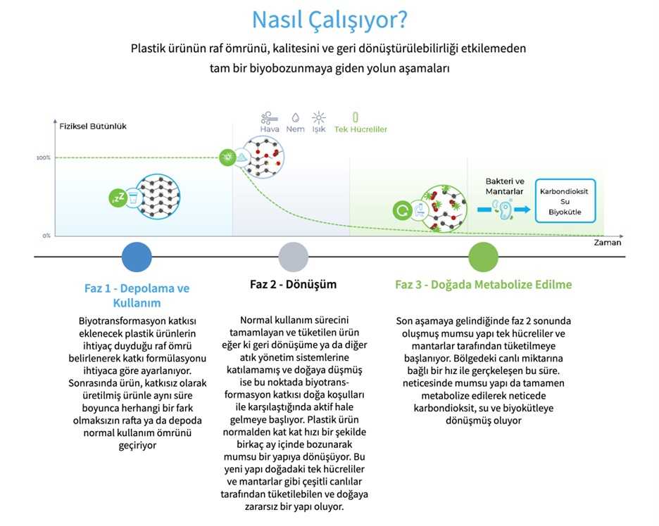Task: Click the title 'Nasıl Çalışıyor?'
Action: [329, 19]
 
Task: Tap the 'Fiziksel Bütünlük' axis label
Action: [88, 127]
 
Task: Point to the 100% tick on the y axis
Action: [44, 158]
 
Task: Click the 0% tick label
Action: [46, 236]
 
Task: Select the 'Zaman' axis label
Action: [607, 243]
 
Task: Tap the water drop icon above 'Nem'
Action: [296, 117]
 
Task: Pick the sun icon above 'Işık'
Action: [319, 117]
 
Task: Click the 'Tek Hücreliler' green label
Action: [360, 129]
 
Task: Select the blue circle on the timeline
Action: [137, 257]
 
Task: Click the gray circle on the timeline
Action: [294, 257]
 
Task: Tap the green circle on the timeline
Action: [483, 257]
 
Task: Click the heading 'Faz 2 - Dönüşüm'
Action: [294, 285]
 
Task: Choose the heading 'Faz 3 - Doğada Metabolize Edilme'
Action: [483, 285]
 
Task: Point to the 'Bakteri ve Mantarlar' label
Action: [505, 186]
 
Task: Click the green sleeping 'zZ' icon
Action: [117, 197]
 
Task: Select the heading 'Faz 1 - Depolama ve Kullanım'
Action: [137, 295]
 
